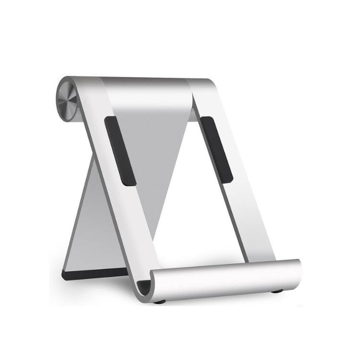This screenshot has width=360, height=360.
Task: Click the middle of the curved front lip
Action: click(226, 278)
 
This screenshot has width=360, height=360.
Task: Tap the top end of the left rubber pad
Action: click(110, 120)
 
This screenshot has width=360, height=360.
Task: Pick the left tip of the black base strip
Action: click(65, 275)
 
